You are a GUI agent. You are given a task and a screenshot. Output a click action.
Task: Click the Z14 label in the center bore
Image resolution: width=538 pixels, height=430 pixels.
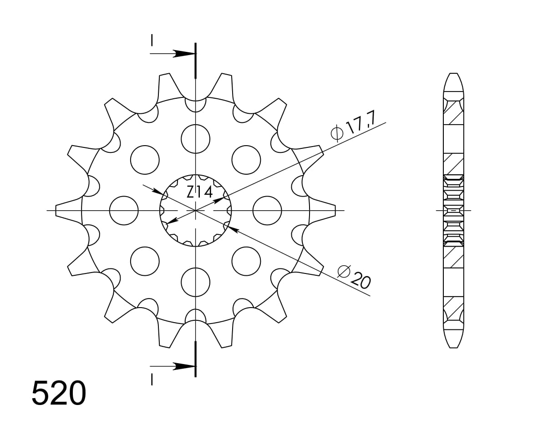pos(199,192)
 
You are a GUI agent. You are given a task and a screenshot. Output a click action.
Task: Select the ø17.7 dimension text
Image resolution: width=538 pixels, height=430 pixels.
pos(347,127)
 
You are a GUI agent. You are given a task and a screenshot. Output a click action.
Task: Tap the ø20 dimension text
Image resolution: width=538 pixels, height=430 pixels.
pos(354,277)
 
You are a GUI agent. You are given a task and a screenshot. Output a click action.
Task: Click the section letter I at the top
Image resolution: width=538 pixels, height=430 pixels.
pos(152,40)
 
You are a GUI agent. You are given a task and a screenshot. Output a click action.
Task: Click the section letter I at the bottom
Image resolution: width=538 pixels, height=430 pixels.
pos(152,379)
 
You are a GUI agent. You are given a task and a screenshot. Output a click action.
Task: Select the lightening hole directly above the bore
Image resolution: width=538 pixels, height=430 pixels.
pos(195,139)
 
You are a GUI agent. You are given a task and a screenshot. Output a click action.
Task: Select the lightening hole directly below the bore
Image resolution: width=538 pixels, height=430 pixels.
pos(195,282)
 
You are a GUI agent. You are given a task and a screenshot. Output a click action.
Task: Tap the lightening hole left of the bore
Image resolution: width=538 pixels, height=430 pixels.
pos(124,211)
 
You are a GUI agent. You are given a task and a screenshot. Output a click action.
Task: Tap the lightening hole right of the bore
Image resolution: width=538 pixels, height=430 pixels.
pos(267,211)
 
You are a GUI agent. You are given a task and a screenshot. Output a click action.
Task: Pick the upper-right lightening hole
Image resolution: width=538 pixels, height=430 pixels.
pos(246,160)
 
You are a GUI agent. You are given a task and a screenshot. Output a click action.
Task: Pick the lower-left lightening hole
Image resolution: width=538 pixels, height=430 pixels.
pos(145,261)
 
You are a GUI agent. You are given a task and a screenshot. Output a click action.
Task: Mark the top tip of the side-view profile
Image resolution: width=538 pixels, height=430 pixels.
pos(453,74)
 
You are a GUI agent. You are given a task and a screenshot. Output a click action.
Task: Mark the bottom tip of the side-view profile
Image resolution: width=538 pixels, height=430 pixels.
pos(453,347)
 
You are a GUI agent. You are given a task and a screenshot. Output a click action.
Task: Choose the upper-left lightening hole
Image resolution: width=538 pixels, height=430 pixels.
pos(145,160)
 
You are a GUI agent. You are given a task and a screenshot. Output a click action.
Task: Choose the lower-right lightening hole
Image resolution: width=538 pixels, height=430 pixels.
pos(246,261)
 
